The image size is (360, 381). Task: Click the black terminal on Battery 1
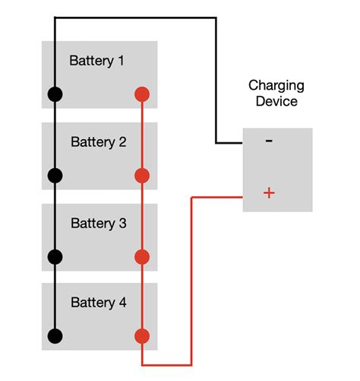tap(55, 95)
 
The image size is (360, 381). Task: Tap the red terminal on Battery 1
tap(141, 95)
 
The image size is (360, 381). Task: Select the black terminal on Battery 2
tap(55, 176)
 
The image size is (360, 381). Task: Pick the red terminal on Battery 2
tap(141, 176)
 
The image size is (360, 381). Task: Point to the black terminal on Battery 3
tap(55, 256)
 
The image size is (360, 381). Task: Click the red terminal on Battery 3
tap(141, 256)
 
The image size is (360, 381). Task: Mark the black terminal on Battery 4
tap(55, 335)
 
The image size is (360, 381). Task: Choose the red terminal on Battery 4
tap(141, 335)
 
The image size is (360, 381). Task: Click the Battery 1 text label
tap(97, 61)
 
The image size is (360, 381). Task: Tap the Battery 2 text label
tap(99, 142)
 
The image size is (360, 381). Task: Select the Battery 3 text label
tap(99, 224)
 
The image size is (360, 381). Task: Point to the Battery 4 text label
tap(99, 303)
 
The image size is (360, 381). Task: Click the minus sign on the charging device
tap(269, 141)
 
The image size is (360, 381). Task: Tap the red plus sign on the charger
tap(269, 193)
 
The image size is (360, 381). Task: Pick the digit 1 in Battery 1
tap(121, 61)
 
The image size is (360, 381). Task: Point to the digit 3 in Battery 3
tap(122, 224)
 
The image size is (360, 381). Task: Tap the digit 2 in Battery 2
tap(122, 142)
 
